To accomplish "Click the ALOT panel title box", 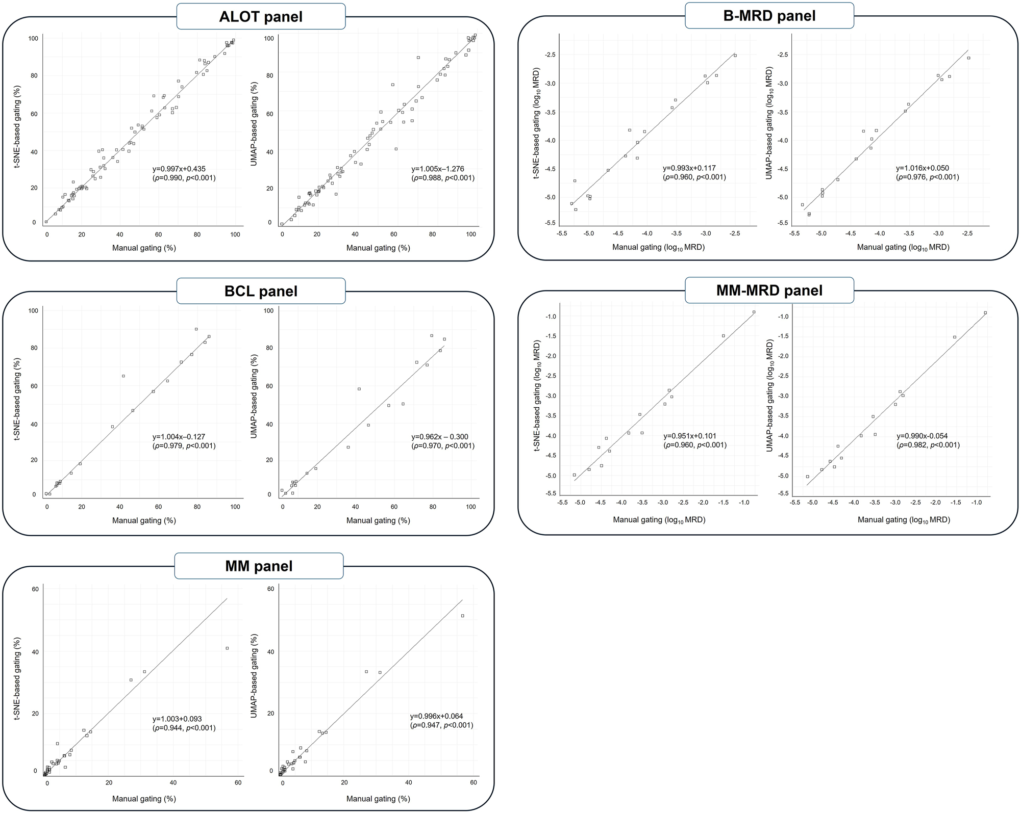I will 261,16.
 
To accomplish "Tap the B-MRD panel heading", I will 769,16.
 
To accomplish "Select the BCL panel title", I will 261,291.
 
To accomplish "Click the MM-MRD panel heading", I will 769,291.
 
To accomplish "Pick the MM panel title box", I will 259,566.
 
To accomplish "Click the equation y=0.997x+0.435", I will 179,169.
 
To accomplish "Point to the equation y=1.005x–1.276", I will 438,169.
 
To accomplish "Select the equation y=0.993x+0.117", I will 689,168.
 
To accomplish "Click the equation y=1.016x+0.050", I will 923,168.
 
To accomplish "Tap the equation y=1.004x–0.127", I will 179,437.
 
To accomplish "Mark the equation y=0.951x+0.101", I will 690,436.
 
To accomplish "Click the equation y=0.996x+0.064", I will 437,716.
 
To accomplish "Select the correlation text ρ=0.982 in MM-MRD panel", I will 913,445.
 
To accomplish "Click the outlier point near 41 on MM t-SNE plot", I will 227,648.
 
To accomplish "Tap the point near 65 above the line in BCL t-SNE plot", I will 123,376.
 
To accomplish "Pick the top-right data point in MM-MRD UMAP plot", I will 985,313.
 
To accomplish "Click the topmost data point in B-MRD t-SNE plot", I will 735,56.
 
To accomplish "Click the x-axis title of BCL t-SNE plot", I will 144,520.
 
